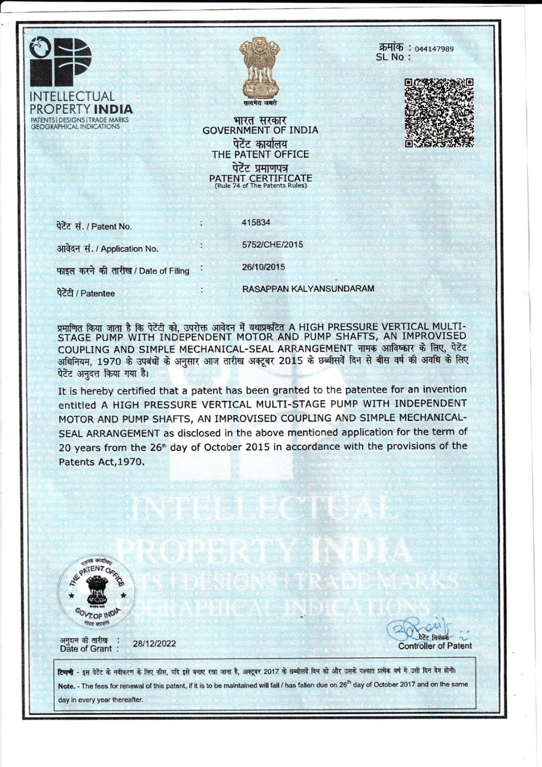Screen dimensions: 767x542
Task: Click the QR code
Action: (x=439, y=113)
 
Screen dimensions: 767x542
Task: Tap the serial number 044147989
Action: (x=434, y=49)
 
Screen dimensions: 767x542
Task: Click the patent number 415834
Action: (x=256, y=222)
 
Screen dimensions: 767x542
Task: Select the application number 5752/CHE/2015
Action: (x=272, y=245)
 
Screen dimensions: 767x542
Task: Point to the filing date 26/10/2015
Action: (x=263, y=267)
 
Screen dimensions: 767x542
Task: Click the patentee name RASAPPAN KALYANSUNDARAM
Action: (x=308, y=289)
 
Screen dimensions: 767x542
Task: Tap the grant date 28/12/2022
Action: (x=154, y=643)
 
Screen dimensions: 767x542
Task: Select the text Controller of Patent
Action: (x=435, y=645)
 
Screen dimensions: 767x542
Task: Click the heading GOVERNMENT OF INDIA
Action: (x=260, y=130)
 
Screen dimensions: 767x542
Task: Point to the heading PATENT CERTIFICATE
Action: (x=260, y=178)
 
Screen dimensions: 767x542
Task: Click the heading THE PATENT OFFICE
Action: (x=260, y=154)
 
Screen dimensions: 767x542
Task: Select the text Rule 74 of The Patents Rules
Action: (x=260, y=186)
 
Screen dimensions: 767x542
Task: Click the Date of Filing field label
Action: (x=164, y=271)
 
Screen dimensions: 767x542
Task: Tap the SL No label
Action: (x=390, y=57)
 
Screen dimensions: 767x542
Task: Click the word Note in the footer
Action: (x=66, y=686)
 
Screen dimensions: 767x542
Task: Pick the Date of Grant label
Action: (x=86, y=648)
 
